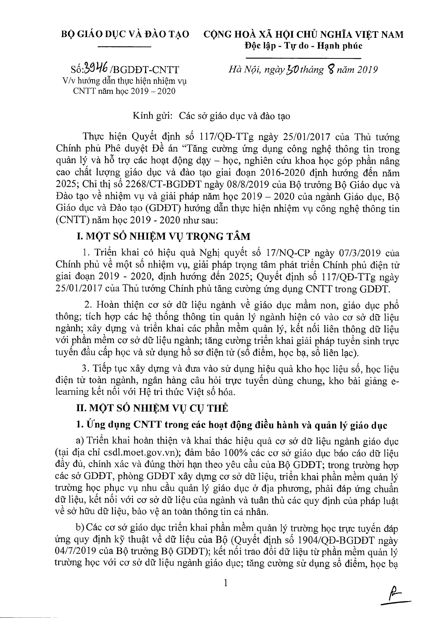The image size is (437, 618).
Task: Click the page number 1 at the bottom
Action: pyautogui.click(x=226, y=583)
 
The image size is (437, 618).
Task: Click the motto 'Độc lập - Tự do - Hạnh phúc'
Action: pyautogui.click(x=303, y=46)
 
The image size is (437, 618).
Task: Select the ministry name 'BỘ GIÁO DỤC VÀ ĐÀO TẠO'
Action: pyautogui.click(x=125, y=35)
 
